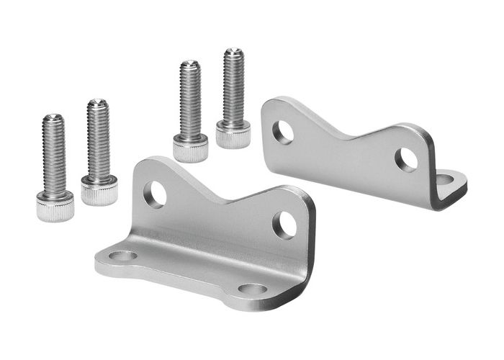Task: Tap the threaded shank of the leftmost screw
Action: (x=53, y=155)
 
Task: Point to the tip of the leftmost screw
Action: (x=53, y=117)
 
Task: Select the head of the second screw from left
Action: (x=99, y=190)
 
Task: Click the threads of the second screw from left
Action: (x=98, y=140)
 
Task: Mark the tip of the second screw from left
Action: (x=97, y=102)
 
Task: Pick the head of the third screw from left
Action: (x=191, y=148)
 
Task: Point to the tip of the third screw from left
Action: (x=189, y=65)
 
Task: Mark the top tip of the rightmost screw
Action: (x=233, y=50)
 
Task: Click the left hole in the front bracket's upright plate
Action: (x=156, y=194)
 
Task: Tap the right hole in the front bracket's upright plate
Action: (x=284, y=225)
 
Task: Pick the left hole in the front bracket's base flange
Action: (x=124, y=256)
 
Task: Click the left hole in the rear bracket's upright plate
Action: (x=283, y=131)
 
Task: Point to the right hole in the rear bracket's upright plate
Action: (x=406, y=160)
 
